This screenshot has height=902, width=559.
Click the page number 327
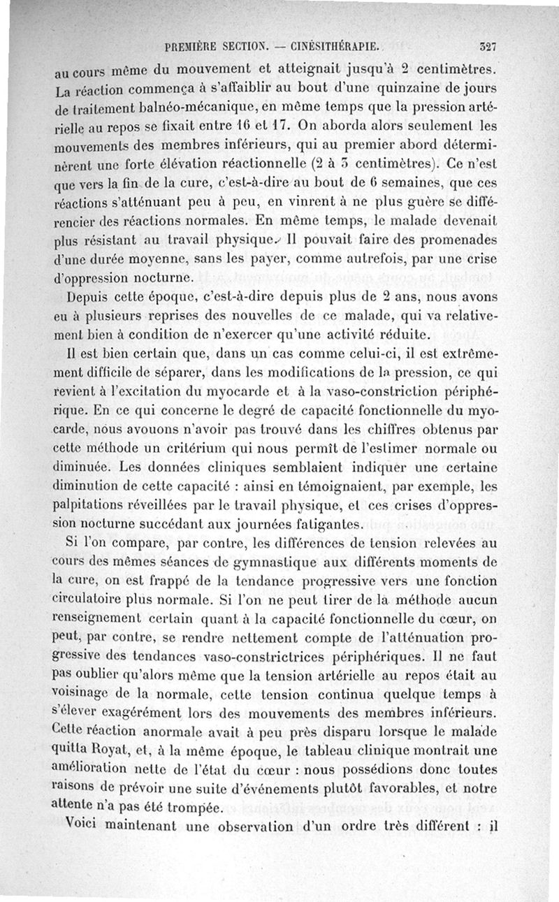pyautogui.click(x=487, y=48)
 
